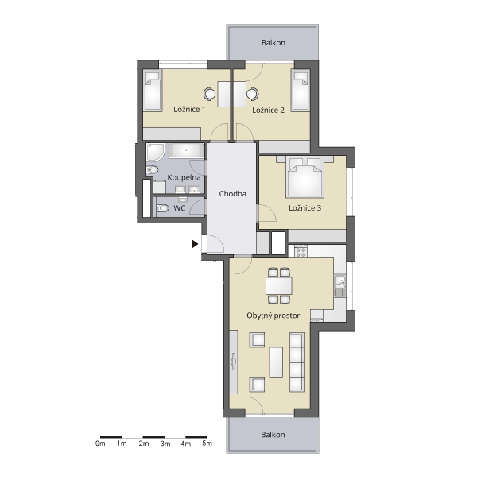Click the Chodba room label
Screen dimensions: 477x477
[232, 193]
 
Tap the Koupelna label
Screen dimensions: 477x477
[184, 177]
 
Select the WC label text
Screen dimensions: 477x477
[179, 208]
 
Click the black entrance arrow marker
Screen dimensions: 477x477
[195, 244]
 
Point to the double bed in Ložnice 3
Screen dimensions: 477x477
[304, 177]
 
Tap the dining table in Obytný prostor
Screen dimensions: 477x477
[279, 285]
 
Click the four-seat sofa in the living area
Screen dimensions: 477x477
[297, 362]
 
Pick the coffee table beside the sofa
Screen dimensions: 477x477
[276, 362]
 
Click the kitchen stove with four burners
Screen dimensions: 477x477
[301, 251]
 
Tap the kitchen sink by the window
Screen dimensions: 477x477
[340, 285]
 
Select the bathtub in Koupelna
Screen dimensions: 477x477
[186, 150]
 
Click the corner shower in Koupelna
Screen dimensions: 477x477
[156, 153]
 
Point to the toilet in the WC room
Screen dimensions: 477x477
[162, 208]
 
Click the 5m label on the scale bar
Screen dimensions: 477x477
[207, 444]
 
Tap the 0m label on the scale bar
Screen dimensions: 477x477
[100, 444]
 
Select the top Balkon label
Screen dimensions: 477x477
[273, 43]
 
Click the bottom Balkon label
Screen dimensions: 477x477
[273, 435]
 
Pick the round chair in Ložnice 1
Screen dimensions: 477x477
[209, 94]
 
